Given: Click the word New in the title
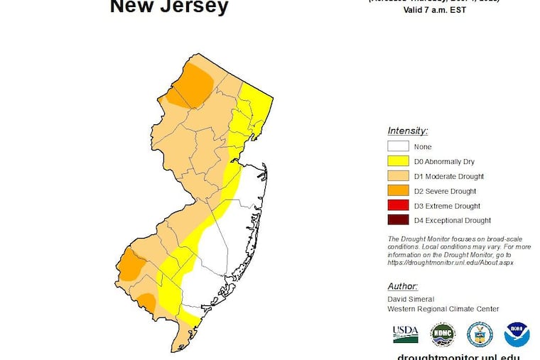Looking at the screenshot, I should click(x=133, y=7).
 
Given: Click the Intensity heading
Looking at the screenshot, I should click(x=407, y=131).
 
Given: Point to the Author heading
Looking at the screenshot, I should click(x=402, y=286).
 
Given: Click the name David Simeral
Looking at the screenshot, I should click(x=411, y=299).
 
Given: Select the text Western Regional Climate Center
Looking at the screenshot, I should click(x=443, y=309).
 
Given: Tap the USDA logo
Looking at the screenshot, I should click(x=406, y=333).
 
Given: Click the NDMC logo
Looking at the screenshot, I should click(x=443, y=334).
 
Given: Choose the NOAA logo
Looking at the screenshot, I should click(x=517, y=334).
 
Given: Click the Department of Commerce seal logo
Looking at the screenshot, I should click(x=480, y=334).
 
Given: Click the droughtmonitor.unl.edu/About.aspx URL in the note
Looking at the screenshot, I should click(x=450, y=262).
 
